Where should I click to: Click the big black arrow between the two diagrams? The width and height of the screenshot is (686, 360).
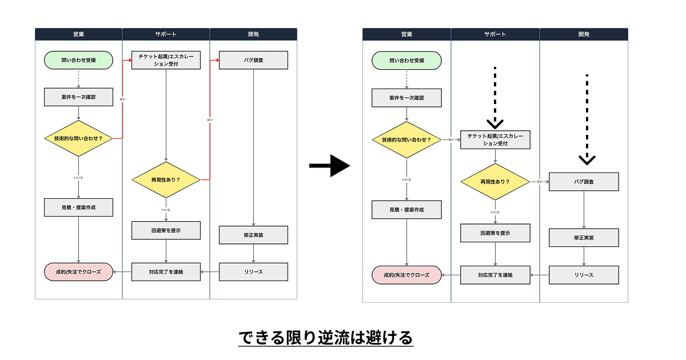click(x=329, y=166)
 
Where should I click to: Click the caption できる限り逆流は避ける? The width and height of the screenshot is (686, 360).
click(x=325, y=338)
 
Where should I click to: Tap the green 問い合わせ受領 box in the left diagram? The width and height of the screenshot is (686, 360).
click(x=78, y=60)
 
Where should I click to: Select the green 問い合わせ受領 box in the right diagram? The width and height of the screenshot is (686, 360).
click(x=406, y=61)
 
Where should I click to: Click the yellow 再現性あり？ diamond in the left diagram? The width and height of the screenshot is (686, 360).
click(x=166, y=179)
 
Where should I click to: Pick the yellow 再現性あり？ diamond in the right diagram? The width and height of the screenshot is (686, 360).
click(x=495, y=182)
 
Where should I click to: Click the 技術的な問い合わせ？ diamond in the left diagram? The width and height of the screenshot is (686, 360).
click(x=78, y=138)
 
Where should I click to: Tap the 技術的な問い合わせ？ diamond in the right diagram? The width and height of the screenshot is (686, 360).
click(x=406, y=139)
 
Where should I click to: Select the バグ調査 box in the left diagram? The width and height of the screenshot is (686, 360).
click(x=253, y=60)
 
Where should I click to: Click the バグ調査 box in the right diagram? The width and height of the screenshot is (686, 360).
click(x=584, y=182)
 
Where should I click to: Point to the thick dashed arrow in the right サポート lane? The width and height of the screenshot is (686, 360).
click(x=495, y=97)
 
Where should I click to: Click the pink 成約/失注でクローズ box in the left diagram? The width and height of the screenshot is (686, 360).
click(x=78, y=272)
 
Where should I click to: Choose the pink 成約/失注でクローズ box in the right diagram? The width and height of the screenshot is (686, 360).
click(x=406, y=275)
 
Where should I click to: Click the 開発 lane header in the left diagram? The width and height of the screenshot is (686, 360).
click(x=253, y=34)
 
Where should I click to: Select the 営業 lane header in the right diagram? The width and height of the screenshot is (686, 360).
click(x=406, y=34)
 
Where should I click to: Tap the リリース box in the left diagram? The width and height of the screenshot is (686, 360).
click(x=253, y=272)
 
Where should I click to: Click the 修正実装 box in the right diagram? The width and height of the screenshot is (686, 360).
click(x=584, y=238)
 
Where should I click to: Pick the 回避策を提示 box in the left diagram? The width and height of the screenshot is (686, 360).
click(x=166, y=230)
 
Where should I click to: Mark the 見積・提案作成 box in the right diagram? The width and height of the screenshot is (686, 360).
click(x=406, y=210)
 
